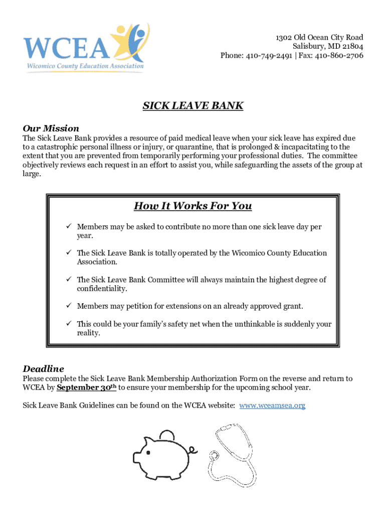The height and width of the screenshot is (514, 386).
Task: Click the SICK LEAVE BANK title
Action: click(193, 106)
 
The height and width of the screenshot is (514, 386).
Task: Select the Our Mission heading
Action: click(51, 128)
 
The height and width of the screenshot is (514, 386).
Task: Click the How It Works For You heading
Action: click(192, 206)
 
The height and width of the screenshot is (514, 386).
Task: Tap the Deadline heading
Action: click(44, 368)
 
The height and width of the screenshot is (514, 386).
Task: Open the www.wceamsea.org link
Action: click(272, 405)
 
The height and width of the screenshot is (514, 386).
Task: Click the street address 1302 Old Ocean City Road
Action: click(319, 38)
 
